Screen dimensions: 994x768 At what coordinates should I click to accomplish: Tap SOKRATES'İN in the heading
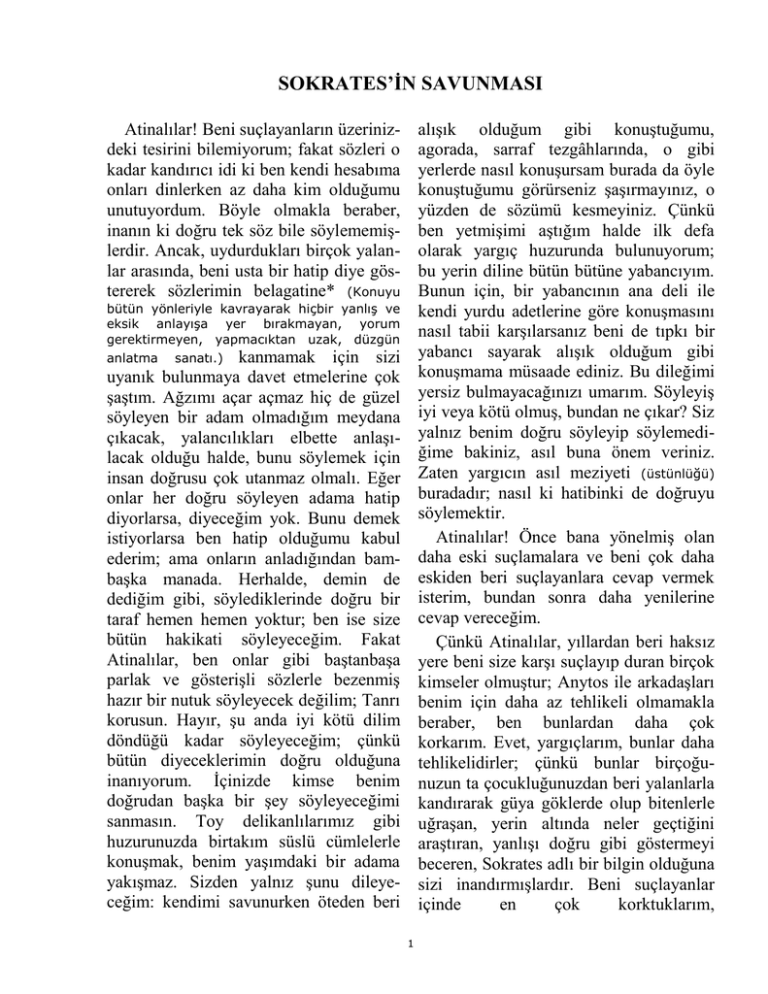pos(333,83)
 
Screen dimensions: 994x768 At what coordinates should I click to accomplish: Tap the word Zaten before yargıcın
pos(439,473)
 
